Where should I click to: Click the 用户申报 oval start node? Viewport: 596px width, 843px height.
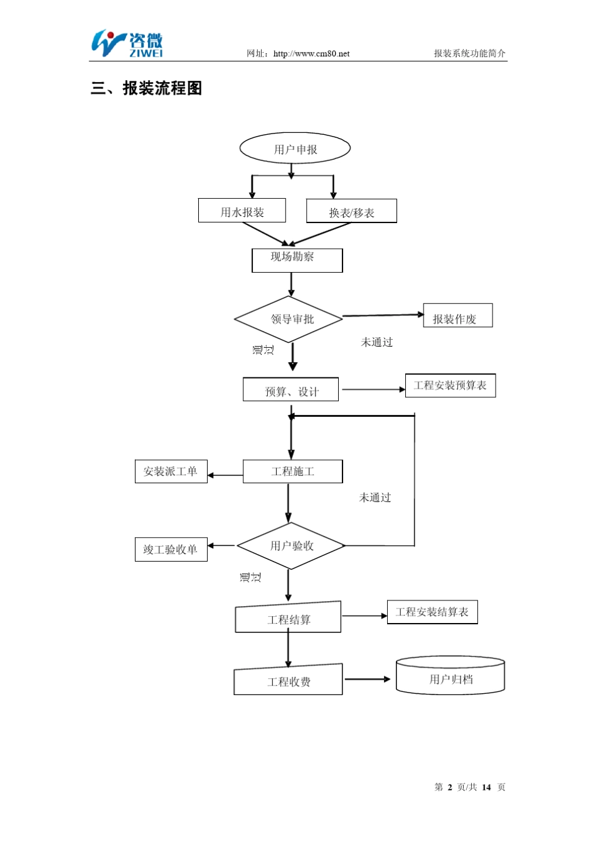[295, 149]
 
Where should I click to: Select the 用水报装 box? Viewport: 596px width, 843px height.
[242, 211]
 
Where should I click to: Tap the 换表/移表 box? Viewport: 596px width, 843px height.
[351, 212]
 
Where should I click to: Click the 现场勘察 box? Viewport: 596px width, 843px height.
[297, 260]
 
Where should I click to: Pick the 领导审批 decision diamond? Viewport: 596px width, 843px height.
[289, 319]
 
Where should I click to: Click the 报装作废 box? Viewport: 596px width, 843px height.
[457, 316]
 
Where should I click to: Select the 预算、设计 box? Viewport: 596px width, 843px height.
[290, 390]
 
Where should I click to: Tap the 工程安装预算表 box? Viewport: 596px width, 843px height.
[450, 385]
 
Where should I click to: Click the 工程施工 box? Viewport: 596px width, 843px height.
[292, 471]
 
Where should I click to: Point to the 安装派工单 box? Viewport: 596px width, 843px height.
[171, 471]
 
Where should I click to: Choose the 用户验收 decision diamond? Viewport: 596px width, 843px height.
[291, 546]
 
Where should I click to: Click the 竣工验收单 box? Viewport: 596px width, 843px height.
[171, 550]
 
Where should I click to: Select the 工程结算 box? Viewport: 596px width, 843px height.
[288, 618]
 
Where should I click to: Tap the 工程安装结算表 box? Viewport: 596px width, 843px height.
[432, 612]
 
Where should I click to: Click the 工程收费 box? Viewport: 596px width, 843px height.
[288, 681]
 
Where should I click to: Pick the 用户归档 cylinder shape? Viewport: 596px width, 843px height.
[450, 677]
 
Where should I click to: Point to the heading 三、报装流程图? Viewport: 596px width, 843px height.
[146, 88]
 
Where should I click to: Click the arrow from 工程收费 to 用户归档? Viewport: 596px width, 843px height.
[367, 679]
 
